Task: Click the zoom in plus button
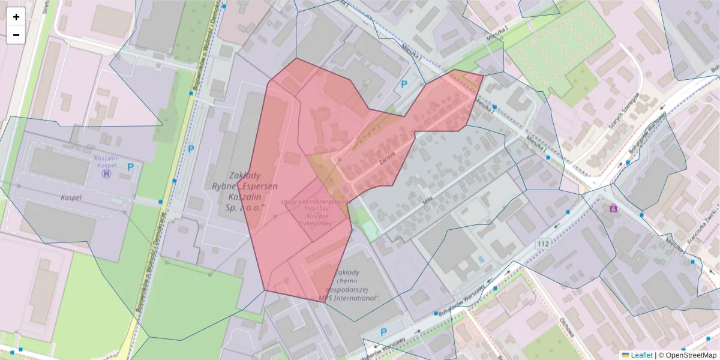click(x=16, y=17)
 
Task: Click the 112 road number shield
click(x=544, y=243)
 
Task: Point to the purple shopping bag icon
click(x=613, y=208)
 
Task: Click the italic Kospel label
click(x=71, y=197)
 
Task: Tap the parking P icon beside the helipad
click(x=130, y=167)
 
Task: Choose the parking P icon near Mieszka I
click(x=404, y=85)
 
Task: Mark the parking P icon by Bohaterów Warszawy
click(x=384, y=332)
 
